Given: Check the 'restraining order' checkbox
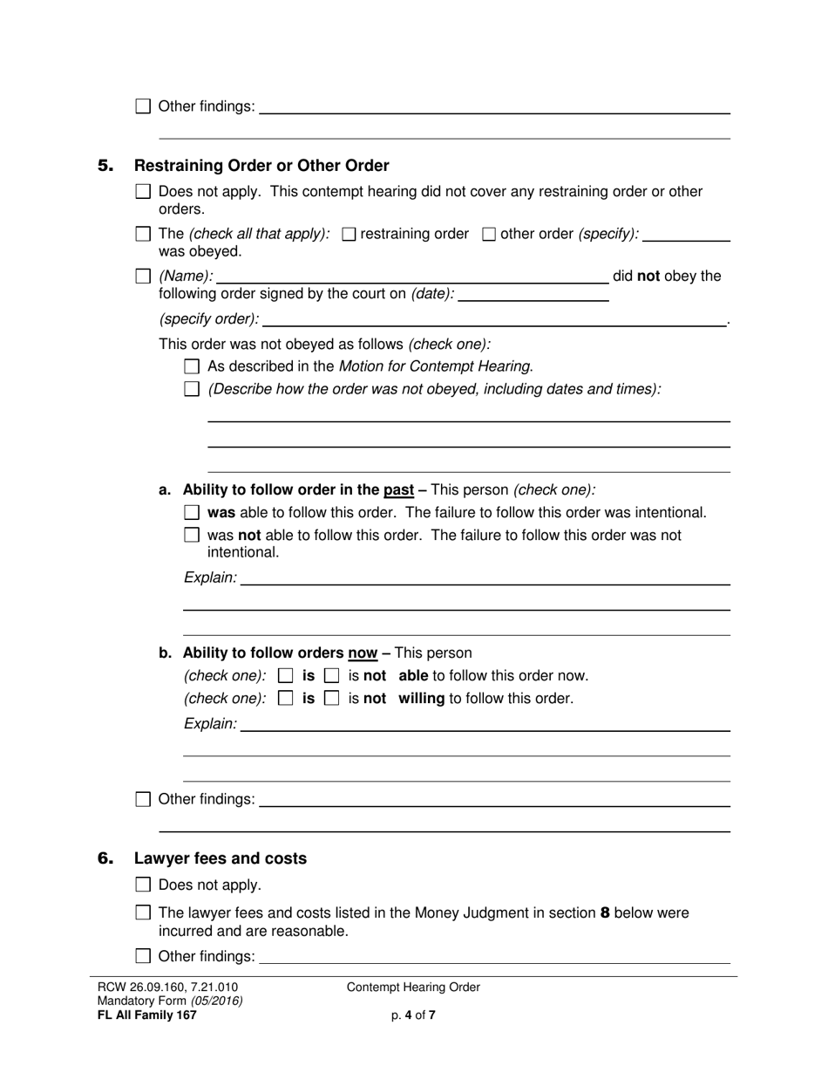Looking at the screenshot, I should (x=350, y=234).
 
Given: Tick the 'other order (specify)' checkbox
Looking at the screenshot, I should (x=489, y=234).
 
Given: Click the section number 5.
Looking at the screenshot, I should (x=105, y=166).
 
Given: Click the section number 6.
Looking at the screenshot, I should (x=105, y=858).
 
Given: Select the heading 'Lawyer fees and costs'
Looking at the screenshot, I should (x=220, y=858).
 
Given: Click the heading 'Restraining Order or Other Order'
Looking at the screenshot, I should (x=261, y=166).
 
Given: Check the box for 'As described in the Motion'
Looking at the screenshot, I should (x=193, y=367).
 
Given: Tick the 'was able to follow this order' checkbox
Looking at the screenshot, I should (x=193, y=513).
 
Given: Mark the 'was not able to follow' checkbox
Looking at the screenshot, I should (x=193, y=536).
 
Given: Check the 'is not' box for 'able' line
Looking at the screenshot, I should (x=331, y=676).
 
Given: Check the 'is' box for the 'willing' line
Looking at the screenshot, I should (x=285, y=699).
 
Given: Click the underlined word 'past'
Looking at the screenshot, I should (x=398, y=490).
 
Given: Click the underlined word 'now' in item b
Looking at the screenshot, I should (x=363, y=653).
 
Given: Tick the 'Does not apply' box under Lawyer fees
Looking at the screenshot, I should (x=144, y=885).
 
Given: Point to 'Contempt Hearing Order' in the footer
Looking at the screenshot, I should (x=413, y=988).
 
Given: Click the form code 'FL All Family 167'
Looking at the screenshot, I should (x=147, y=1015).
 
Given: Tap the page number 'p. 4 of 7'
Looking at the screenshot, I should (x=413, y=1015).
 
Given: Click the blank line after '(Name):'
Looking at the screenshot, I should (x=411, y=277).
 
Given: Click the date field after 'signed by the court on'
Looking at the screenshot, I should (x=533, y=294).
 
